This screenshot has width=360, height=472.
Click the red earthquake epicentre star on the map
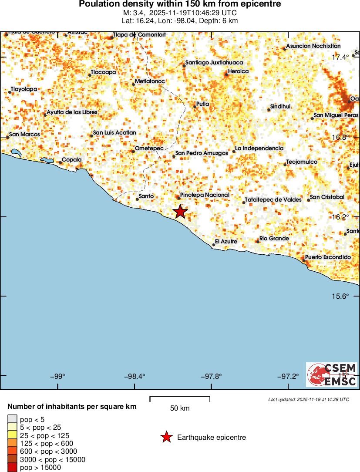pos(180,212)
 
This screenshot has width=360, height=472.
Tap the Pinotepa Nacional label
pos(204,195)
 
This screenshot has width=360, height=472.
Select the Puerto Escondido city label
pos(327,257)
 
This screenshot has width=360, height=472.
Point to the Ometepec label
pos(149,148)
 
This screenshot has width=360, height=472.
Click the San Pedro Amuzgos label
pos(201,153)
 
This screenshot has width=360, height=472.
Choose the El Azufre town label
pos(226,241)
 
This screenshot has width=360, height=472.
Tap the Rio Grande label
pos(274,239)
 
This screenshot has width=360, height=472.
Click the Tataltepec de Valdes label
pos(273,199)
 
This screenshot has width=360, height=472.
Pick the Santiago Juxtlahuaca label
pos(214,63)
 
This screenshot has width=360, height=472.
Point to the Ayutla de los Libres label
pos(72,112)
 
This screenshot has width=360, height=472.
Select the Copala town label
pos(71,160)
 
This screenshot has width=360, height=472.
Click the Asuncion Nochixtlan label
pos(313,46)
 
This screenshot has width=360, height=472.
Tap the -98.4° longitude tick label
pos(135,376)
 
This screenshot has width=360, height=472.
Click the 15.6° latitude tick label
pos(340,296)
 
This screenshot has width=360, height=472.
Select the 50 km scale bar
pos(180,399)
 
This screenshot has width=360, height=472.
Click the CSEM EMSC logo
pos(332,374)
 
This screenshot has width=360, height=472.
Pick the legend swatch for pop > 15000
pos(11,468)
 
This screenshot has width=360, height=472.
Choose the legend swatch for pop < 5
pos(11,420)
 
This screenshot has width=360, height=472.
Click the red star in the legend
pos(166,438)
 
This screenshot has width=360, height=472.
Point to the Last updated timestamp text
pos(308,399)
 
